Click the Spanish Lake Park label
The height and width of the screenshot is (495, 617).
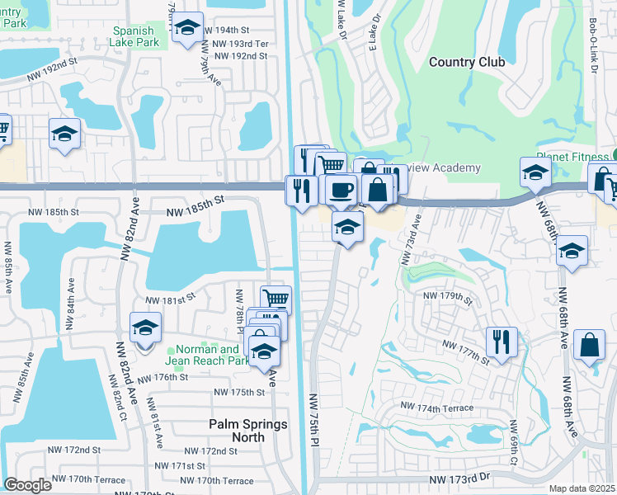(136, 36)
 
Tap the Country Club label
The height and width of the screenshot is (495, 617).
(464, 62)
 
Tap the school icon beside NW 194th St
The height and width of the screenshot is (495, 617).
(188, 29)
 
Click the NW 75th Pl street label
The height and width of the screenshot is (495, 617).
(314, 420)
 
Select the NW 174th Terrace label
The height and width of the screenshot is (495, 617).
(437, 407)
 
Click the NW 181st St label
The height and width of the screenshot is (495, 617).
(170, 299)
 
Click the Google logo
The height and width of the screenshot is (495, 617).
(27, 485)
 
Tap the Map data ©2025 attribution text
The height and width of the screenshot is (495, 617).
(582, 488)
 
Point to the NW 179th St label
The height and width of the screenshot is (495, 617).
(447, 295)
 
